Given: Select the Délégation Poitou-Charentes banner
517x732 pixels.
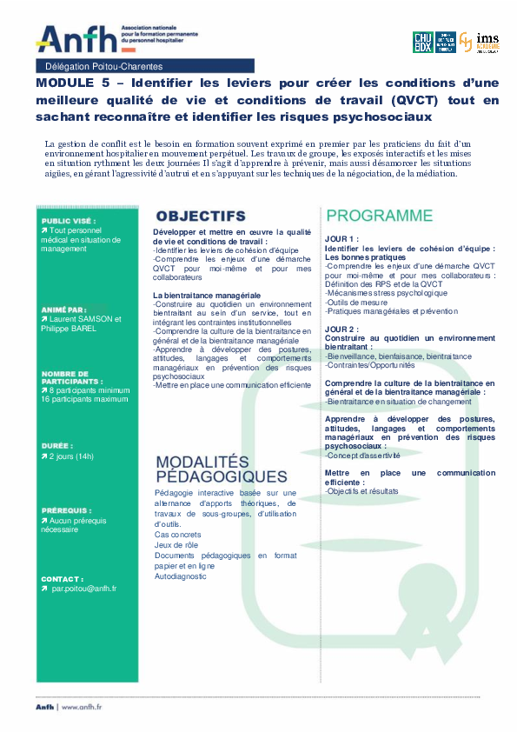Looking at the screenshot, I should (103, 66).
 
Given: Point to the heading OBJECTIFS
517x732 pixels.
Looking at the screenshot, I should (200, 216).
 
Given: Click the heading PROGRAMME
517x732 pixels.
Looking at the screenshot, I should (379, 216).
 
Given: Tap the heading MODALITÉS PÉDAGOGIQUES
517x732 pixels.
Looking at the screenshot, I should (221, 469).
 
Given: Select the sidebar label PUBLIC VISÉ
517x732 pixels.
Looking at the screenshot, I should (69, 222).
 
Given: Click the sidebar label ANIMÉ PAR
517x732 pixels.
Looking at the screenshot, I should (63, 309).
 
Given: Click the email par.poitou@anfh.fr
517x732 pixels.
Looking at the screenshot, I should (83, 589).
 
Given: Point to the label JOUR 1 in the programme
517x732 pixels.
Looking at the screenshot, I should (341, 237).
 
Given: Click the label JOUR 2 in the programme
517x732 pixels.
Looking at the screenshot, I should (341, 329).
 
